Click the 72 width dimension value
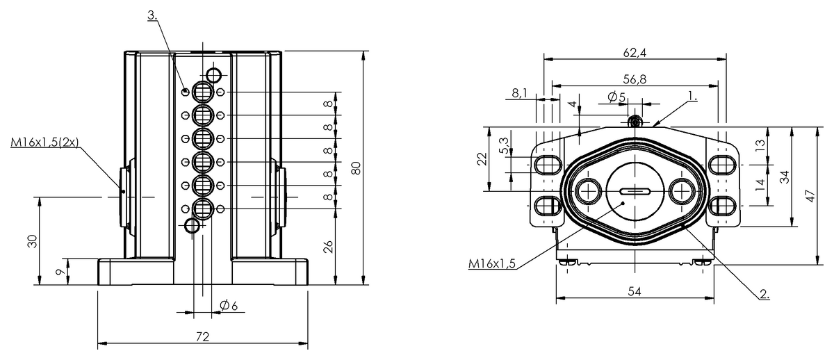tap(202, 336)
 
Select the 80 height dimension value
tap(357, 168)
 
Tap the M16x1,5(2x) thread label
tap(44, 142)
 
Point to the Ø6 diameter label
tap(229, 306)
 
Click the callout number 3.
tap(152, 15)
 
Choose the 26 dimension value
tap(327, 247)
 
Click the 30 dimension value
tap(33, 241)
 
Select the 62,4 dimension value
tap(635, 53)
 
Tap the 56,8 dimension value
tap(635, 79)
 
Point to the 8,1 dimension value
tap(519, 93)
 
